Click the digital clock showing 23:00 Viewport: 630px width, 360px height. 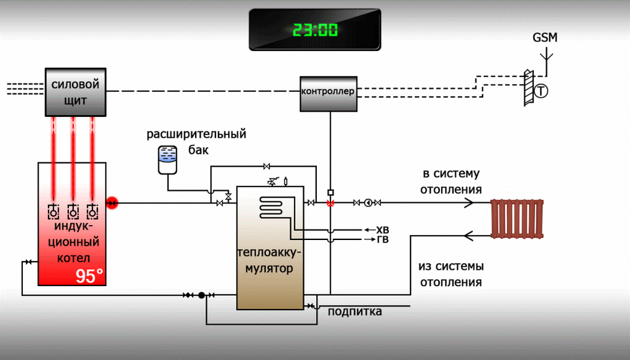click(315, 29)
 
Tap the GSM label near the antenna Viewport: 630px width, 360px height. click(545, 38)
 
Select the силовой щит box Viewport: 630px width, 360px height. click(76, 92)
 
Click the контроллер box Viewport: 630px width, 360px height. click(328, 93)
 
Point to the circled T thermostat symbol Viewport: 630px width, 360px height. click(542, 91)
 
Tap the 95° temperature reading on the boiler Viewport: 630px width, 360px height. click(89, 277)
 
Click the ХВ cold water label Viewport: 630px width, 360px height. click(382, 230)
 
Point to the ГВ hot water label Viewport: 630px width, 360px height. click(382, 239)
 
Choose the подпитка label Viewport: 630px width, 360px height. click(355, 311)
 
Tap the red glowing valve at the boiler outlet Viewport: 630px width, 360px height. click(112, 203)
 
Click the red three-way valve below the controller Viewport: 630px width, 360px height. click(330, 203)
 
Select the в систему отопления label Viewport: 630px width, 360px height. click(452, 182)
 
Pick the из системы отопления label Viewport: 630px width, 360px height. click(451, 274)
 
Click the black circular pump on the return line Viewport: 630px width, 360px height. click(202, 295)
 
